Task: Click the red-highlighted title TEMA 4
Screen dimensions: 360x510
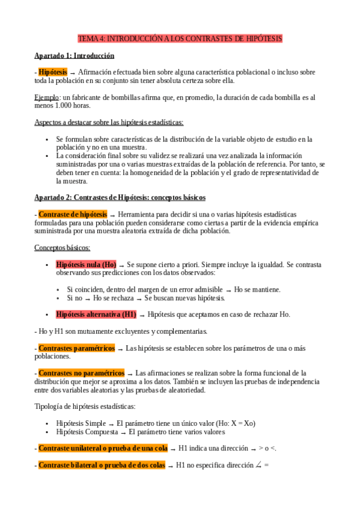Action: [x=180, y=38]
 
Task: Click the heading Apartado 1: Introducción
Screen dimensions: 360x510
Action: [x=74, y=55]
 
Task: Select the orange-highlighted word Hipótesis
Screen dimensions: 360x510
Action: [x=52, y=72]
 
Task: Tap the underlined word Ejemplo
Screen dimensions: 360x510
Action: [x=46, y=97]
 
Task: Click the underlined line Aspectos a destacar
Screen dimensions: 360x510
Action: [x=100, y=122]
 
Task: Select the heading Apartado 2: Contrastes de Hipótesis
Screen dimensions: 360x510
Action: [x=120, y=197]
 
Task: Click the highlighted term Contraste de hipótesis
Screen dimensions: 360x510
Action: [x=73, y=214]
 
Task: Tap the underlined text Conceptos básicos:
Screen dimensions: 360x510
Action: [x=63, y=247]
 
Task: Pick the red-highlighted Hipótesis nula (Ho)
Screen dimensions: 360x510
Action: [x=86, y=264]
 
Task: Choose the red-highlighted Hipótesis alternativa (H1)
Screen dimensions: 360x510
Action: [x=96, y=314]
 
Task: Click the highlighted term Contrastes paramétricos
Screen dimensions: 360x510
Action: [x=76, y=348]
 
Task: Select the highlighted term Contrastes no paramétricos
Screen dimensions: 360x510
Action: [x=81, y=373]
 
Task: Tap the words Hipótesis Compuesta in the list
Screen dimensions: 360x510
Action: [x=85, y=431]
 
